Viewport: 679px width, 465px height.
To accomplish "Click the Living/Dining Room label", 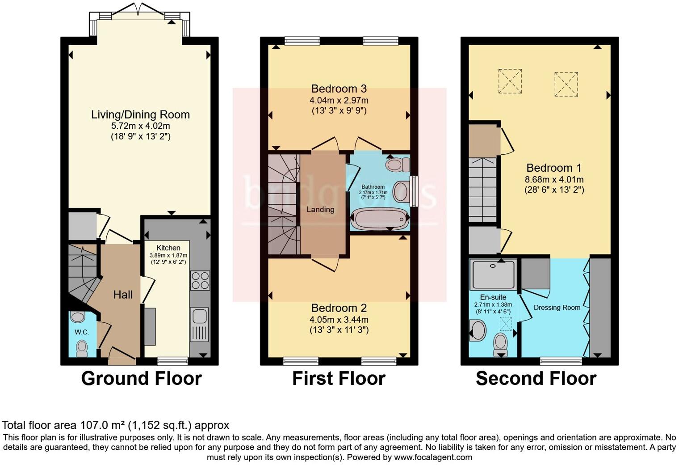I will tap(140, 114).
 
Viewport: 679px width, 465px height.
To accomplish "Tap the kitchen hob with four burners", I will tap(200, 281).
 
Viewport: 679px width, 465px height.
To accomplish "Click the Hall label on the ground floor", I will tap(123, 295).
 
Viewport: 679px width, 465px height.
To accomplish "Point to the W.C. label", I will tap(82, 332).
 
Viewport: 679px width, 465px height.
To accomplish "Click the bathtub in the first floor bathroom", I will tap(380, 219).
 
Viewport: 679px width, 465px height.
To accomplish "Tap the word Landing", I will tap(320, 209).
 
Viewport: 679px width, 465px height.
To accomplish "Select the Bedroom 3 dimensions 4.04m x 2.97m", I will tap(339, 101).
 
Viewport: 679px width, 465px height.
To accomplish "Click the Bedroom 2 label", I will tap(339, 308).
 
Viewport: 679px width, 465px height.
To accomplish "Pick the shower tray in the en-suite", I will tap(493, 274).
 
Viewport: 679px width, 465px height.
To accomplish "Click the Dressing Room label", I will tap(557, 308).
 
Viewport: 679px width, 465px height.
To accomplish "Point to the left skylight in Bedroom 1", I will tap(510, 81).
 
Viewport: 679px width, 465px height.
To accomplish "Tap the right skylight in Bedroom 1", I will tap(566, 84).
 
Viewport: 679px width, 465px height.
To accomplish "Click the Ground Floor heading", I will tap(141, 378).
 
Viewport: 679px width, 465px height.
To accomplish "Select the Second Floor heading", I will tap(536, 378).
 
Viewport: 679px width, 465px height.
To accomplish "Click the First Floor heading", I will tap(339, 378).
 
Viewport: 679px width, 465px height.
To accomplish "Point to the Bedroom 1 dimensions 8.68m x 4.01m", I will tap(554, 180).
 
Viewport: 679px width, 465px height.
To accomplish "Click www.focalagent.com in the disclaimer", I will tap(432, 457).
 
